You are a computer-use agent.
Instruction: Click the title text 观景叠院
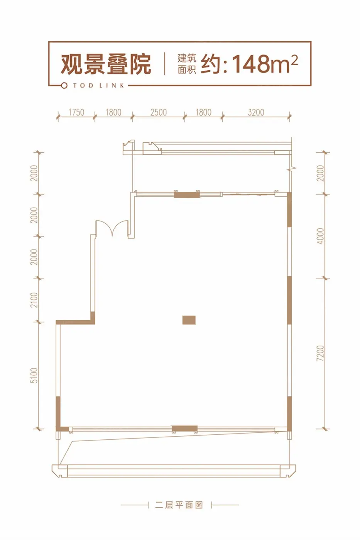coord(106,64)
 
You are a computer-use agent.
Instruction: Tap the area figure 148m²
coord(265,64)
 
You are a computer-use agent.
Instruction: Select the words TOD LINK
coord(99,86)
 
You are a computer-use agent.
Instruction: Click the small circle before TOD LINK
coord(64,86)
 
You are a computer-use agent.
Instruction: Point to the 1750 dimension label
coord(76,112)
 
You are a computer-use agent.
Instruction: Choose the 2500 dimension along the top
coord(159,112)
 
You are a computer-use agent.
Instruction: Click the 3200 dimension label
coord(256,112)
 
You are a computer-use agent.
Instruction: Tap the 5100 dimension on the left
coord(34,375)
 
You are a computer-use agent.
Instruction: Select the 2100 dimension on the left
coord(34,300)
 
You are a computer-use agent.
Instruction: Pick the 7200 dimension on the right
coord(320,353)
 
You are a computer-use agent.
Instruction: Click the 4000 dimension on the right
coord(320,236)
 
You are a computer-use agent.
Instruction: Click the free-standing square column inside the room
coord(189,320)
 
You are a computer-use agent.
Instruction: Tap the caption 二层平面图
coord(179,505)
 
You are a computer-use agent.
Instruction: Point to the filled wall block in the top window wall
coord(187,194)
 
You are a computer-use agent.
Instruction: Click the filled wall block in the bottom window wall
coord(185,429)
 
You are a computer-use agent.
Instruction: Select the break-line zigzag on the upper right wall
coord(291,169)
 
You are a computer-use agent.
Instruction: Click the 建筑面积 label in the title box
coord(187,64)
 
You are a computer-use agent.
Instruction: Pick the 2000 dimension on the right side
coord(320,173)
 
